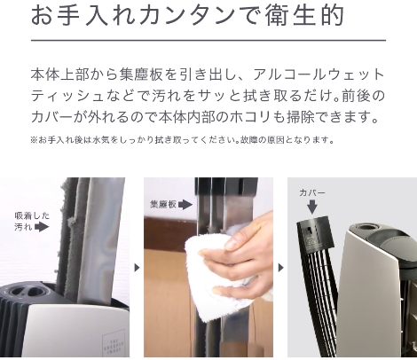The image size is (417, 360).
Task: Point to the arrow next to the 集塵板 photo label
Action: click(185, 204)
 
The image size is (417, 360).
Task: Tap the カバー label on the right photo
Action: click(312, 192)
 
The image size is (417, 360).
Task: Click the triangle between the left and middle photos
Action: click(137, 266)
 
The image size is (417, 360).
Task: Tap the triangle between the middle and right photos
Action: click(280, 266)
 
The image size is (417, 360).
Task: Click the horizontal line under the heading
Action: click(208, 40)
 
